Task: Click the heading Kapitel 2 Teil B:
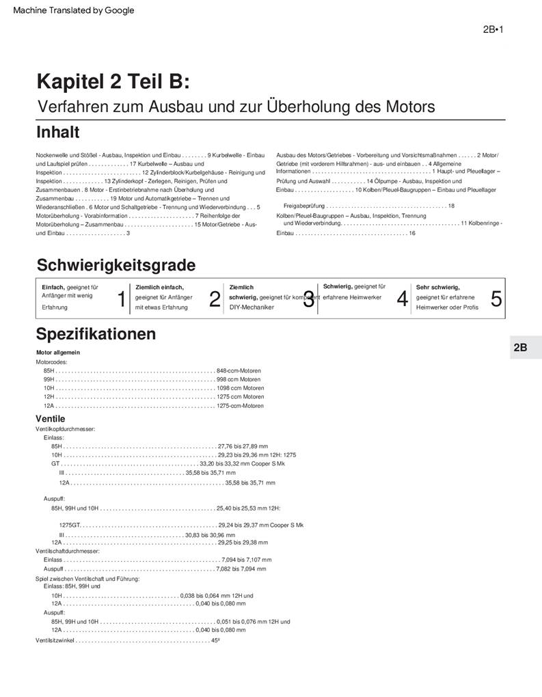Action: tap(113, 83)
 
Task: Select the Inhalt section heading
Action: tap(57, 131)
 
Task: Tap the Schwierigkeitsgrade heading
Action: tap(116, 264)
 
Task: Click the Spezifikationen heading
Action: tap(96, 334)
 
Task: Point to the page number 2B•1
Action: tap(493, 29)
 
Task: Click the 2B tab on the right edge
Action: tap(520, 347)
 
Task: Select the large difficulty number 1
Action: tap(122, 299)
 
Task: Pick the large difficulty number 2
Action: tap(215, 299)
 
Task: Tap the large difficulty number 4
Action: tap(403, 299)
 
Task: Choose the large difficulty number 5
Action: tap(496, 299)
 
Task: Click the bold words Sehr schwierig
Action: tap(437, 288)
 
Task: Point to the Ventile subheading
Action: tap(51, 418)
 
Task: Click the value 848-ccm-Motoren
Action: tap(239, 370)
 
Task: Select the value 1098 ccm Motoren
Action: tap(240, 388)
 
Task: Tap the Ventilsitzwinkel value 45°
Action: tap(215, 640)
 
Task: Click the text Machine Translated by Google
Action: tap(74, 10)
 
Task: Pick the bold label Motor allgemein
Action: tap(57, 353)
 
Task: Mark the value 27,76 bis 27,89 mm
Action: tap(243, 446)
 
